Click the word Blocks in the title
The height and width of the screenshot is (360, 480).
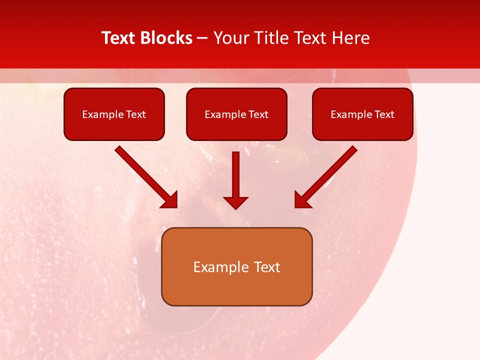[x=167, y=38]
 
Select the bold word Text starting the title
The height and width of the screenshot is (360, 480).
[x=120, y=38]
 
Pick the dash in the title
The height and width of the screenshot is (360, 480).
[x=202, y=38]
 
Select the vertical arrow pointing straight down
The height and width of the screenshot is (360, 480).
[x=235, y=177]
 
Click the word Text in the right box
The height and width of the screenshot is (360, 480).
[x=384, y=114]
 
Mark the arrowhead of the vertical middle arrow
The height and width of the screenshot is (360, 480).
[x=235, y=202]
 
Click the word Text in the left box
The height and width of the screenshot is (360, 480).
[x=135, y=114]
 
